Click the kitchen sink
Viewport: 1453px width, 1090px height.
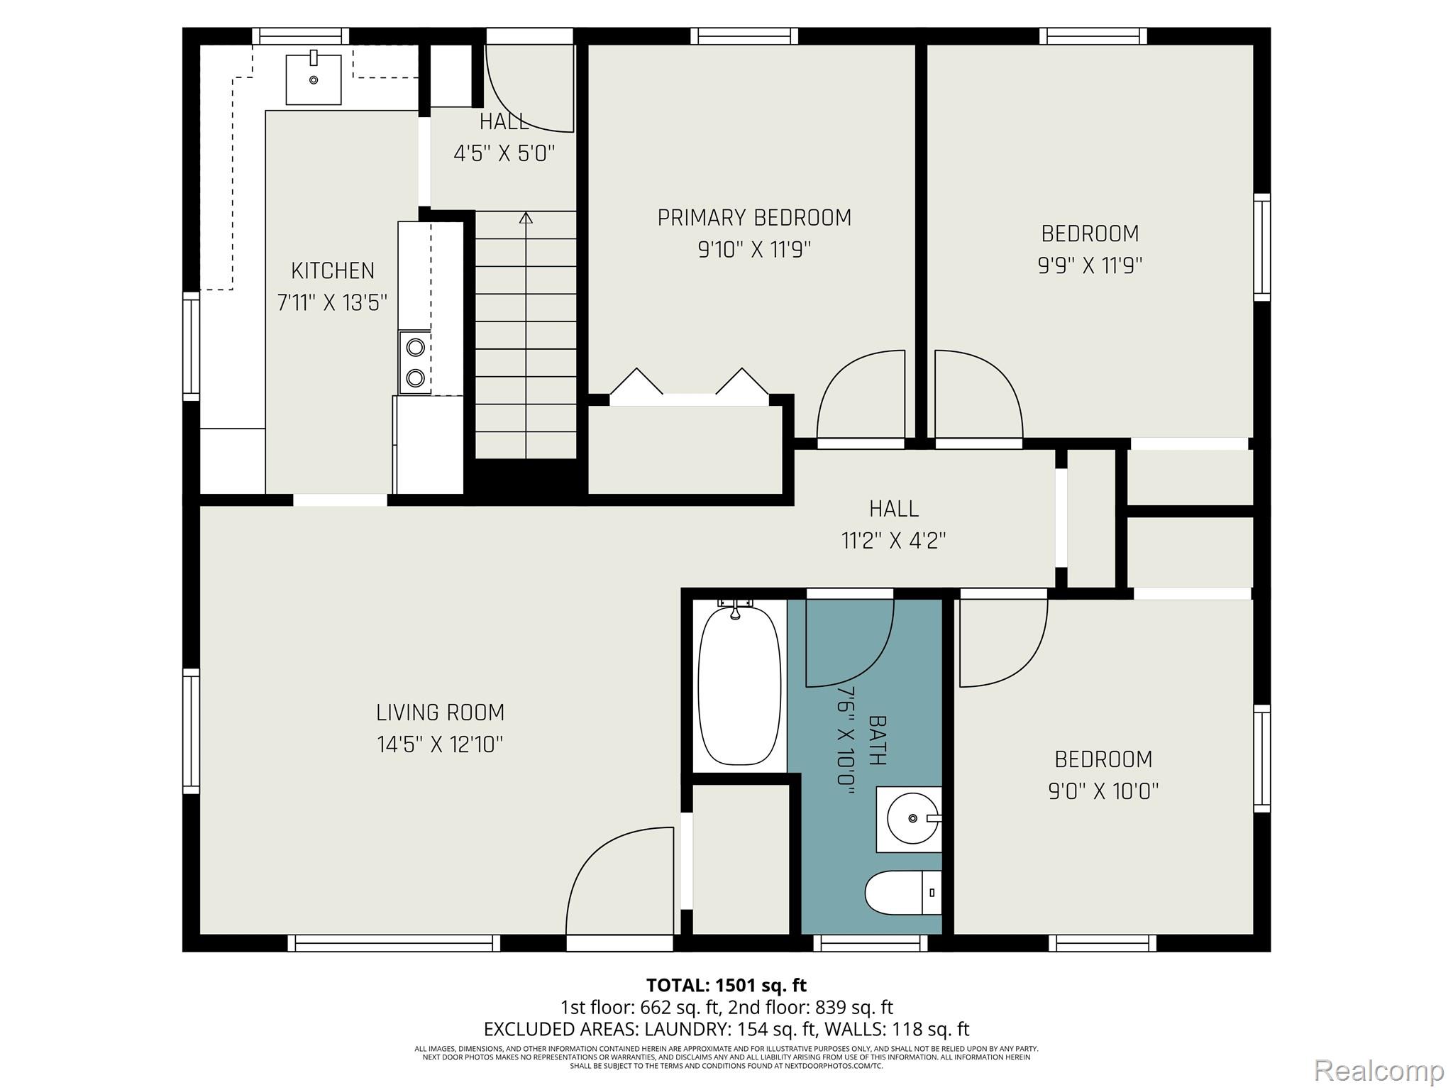(313, 79)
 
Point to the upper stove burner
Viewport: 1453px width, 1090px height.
(415, 347)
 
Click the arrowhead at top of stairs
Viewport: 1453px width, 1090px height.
(526, 218)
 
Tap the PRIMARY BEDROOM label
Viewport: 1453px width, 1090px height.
(754, 218)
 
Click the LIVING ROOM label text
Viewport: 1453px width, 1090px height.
(440, 712)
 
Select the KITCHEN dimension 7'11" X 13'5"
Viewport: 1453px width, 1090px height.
(332, 303)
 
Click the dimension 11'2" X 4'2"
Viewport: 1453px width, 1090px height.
(894, 541)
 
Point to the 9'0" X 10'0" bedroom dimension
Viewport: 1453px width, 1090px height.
(1103, 791)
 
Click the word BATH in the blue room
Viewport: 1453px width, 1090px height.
(877, 740)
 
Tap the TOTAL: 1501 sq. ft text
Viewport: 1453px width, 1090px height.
(726, 985)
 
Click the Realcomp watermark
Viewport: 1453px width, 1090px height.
(1379, 1069)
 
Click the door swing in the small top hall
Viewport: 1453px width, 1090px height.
(529, 89)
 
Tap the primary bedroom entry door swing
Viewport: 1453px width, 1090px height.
(861, 394)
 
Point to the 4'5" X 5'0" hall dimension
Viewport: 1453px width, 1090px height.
(504, 153)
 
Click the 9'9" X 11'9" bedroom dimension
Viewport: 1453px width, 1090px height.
(1090, 265)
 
